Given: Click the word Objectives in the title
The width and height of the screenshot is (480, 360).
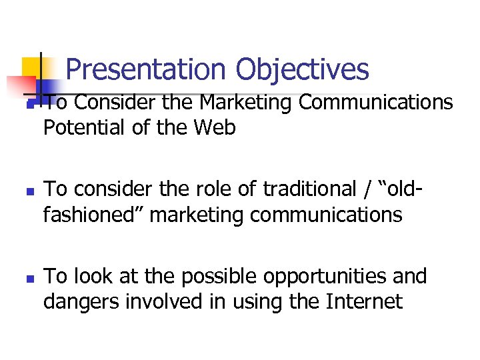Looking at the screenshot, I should [x=302, y=69].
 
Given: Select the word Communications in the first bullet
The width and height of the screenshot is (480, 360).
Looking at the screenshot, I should [x=376, y=103].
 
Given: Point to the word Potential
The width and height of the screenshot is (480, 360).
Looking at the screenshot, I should [x=84, y=127].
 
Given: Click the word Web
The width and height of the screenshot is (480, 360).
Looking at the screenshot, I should [x=215, y=127].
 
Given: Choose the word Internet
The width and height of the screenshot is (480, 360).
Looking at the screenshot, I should [x=364, y=302].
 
